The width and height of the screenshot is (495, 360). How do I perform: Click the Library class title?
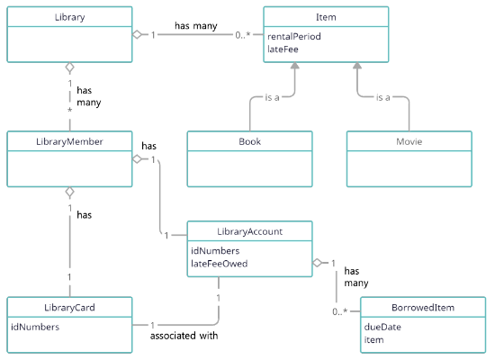click(x=70, y=17)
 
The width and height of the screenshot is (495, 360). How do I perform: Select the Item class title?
click(x=326, y=17)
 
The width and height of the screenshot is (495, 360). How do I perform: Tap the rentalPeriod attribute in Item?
click(x=294, y=36)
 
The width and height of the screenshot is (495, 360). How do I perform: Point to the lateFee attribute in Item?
click(x=283, y=49)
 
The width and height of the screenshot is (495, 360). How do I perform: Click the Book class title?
click(x=249, y=141)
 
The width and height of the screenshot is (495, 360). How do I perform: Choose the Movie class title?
click(x=409, y=141)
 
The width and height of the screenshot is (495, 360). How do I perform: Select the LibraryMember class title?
click(x=69, y=141)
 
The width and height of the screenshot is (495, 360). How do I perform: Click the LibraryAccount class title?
click(x=249, y=231)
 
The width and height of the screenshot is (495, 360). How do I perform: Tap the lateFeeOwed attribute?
click(x=219, y=264)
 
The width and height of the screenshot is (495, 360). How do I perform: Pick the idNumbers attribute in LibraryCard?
click(x=35, y=327)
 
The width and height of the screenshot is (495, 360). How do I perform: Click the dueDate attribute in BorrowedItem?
click(x=382, y=327)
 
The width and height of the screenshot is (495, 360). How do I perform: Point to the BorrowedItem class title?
click(x=423, y=308)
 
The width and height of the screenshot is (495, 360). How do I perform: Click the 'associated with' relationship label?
click(x=184, y=336)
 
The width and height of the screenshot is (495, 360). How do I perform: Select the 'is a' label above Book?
click(x=272, y=97)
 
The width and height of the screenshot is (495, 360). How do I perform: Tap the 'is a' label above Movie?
click(x=382, y=97)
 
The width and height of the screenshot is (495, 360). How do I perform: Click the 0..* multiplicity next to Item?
click(x=243, y=35)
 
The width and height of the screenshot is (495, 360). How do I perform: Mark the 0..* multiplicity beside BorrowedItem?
click(x=339, y=311)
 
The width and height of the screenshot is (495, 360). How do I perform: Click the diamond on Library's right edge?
click(x=137, y=34)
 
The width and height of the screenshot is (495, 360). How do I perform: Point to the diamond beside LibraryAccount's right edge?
click(x=317, y=263)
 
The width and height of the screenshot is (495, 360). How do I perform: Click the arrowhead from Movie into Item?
click(x=357, y=66)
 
